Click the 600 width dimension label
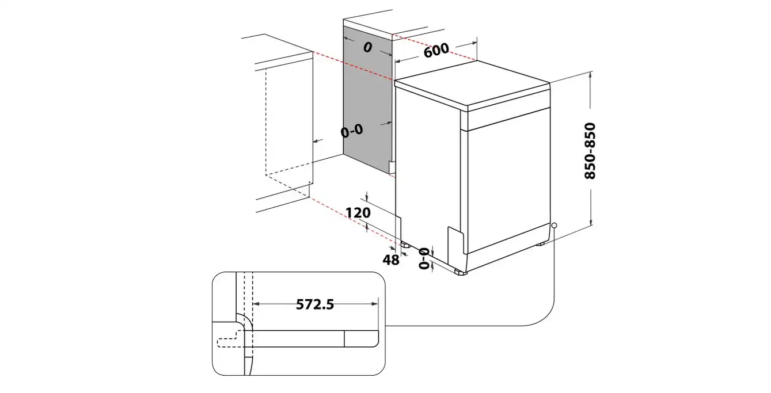pyautogui.click(x=436, y=50)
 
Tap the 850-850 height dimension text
pyautogui.click(x=590, y=151)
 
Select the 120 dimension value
pyautogui.click(x=358, y=213)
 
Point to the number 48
pyautogui.click(x=391, y=260)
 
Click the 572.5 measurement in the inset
pyautogui.click(x=315, y=304)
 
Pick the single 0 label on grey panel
pyautogui.click(x=367, y=47)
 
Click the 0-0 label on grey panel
pyautogui.click(x=352, y=131)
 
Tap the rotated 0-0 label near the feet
pyautogui.click(x=424, y=258)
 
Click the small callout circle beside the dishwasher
pyautogui.click(x=554, y=226)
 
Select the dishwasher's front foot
pyautogui.click(x=461, y=273)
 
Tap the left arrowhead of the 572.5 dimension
pyautogui.click(x=256, y=304)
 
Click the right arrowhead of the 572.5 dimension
pyautogui.click(x=375, y=304)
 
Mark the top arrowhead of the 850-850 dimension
pyautogui.click(x=591, y=74)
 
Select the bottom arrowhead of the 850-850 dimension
pyautogui.click(x=591, y=222)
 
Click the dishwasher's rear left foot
pyautogui.click(x=405, y=245)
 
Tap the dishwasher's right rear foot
pyautogui.click(x=541, y=244)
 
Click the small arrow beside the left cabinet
pyautogui.click(x=318, y=140)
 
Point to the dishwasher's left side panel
pyautogui.click(x=428, y=172)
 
